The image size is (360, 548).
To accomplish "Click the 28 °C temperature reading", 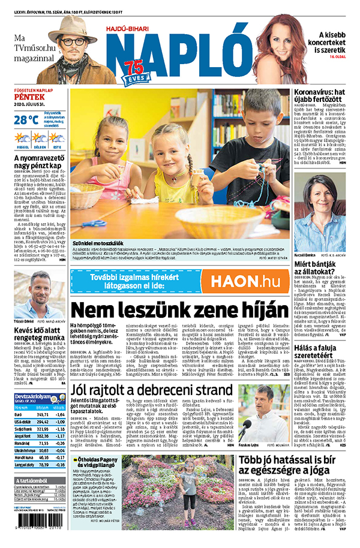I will (x=26, y=119).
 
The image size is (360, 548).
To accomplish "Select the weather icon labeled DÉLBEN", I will (x=39, y=139).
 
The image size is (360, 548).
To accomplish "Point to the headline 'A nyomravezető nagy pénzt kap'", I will (x=37, y=162).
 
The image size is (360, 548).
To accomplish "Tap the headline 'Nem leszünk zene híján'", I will (x=179, y=311).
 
